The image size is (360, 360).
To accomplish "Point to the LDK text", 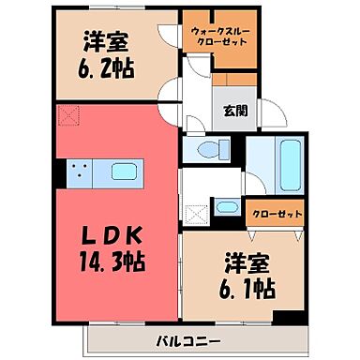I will point(117,232).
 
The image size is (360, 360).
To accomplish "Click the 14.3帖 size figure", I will point(117,254).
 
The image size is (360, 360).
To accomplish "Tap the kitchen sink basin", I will point(125,172).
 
